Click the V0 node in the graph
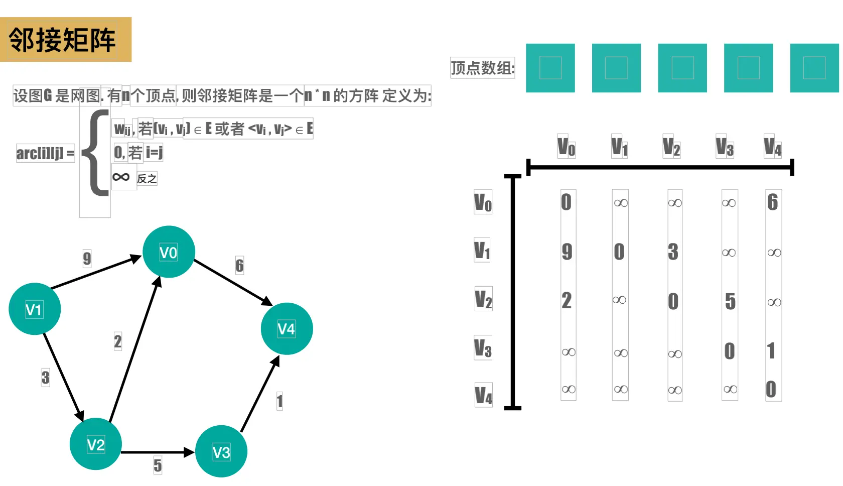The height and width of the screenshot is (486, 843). [x=169, y=252]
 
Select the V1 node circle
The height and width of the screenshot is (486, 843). [x=35, y=309]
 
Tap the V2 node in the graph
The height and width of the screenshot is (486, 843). [x=95, y=444]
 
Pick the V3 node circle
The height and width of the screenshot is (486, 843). [x=221, y=451]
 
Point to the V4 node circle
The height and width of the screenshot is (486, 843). [x=287, y=329]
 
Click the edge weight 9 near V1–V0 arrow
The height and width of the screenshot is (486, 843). [x=87, y=259]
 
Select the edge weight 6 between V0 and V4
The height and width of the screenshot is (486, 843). [x=239, y=265]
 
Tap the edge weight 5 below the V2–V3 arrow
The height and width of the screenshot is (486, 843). [x=158, y=465]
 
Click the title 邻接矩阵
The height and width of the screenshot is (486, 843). [x=62, y=40]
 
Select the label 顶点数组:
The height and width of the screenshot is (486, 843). [x=482, y=68]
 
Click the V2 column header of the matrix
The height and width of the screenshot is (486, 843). [x=671, y=147]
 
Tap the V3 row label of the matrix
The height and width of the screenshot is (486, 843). [x=483, y=347]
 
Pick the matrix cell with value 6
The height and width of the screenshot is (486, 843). [x=772, y=202]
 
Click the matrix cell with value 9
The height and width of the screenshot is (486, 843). [x=567, y=252]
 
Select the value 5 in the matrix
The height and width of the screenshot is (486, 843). [x=730, y=301]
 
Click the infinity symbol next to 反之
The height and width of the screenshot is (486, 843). [x=121, y=177]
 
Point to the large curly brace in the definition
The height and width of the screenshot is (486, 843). [x=96, y=153]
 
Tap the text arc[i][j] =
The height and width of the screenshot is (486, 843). [x=45, y=153]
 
